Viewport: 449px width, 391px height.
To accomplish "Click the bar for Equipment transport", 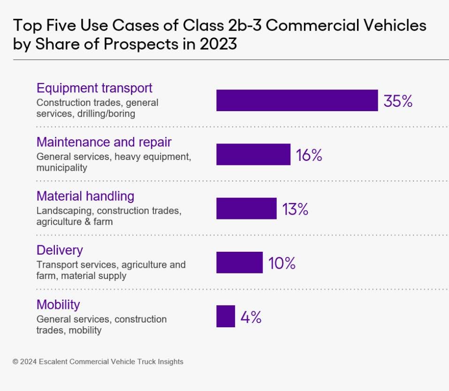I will (297, 100).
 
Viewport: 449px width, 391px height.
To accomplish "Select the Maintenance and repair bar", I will (253, 154).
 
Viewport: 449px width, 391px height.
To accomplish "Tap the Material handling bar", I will (246, 208).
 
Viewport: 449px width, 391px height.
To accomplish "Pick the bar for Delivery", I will (239, 263).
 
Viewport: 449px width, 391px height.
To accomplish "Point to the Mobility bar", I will (225, 316).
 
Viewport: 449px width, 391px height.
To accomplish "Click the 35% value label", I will (398, 101).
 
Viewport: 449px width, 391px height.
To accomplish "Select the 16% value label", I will (309, 155).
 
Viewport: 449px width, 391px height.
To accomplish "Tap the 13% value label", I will (295, 209).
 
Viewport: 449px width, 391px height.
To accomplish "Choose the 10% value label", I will (282, 263).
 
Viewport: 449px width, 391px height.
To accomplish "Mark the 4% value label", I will (251, 317).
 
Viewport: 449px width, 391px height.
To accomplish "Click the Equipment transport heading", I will (94, 88).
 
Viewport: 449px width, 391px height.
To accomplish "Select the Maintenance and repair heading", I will (104, 142).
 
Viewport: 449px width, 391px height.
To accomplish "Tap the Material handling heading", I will (85, 196).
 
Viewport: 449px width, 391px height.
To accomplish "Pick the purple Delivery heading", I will (60, 250).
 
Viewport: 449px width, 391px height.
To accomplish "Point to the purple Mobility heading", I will (58, 305).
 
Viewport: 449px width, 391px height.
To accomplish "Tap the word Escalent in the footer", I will (55, 361).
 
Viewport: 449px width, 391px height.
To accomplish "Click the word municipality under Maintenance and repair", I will (61, 168).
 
